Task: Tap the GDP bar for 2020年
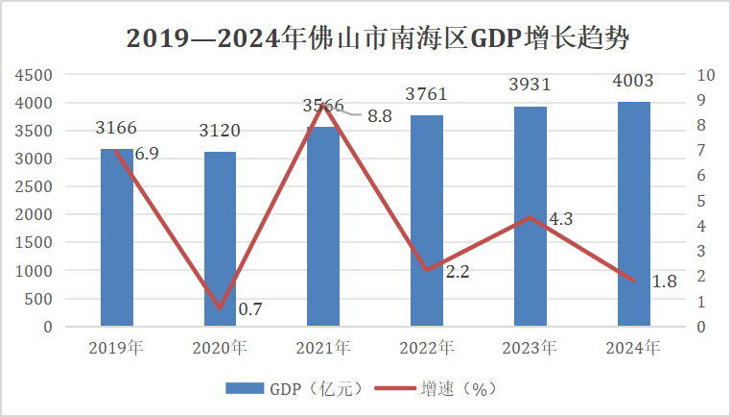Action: point(220,240)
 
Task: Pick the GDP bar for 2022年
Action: point(427,221)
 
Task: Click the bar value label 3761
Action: point(427,94)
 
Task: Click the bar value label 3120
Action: point(220,131)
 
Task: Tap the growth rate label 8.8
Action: point(380,116)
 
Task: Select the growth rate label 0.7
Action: point(250,309)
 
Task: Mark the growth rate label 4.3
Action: point(560,219)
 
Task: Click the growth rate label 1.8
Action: point(664,282)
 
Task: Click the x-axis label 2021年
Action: point(323,348)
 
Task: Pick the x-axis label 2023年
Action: point(530,348)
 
